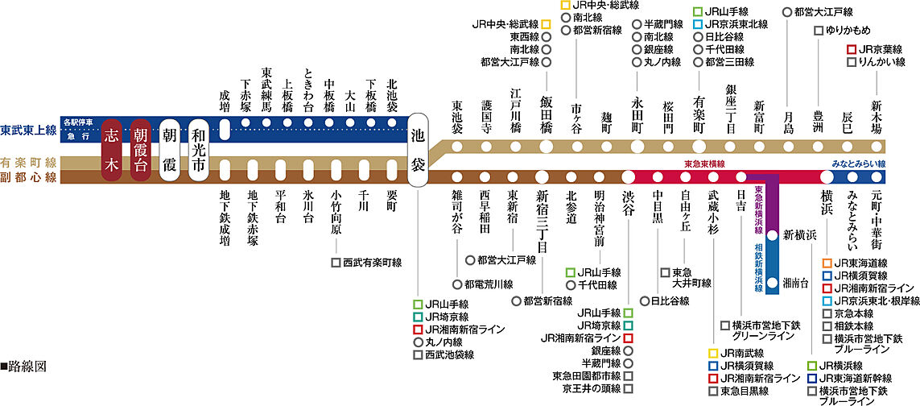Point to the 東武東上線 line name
click(x=29, y=130)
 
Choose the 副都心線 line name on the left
click(x=29, y=176)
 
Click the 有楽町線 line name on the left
click(x=29, y=162)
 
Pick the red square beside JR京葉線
click(x=852, y=49)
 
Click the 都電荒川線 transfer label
click(x=489, y=284)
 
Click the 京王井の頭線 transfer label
click(x=587, y=388)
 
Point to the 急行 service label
click(x=78, y=136)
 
